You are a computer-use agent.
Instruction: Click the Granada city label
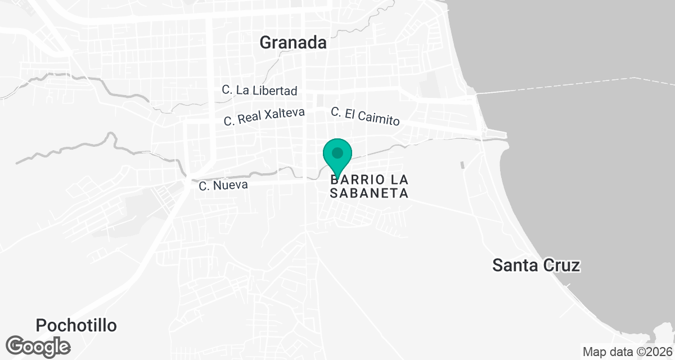click(x=293, y=42)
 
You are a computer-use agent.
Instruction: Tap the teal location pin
click(x=337, y=156)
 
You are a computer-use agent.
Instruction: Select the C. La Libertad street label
click(x=259, y=90)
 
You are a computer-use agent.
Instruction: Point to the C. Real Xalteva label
click(x=264, y=116)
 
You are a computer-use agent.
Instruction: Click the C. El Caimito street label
click(x=365, y=116)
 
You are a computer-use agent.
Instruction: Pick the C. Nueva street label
click(x=223, y=184)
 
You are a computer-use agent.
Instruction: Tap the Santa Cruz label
click(x=535, y=265)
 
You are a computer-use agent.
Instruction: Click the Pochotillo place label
click(x=76, y=325)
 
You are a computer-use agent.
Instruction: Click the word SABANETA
click(x=368, y=193)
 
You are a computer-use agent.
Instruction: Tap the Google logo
click(x=38, y=345)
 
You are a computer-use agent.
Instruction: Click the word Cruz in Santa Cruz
click(x=560, y=265)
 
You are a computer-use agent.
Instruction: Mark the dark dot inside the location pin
click(x=337, y=152)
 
